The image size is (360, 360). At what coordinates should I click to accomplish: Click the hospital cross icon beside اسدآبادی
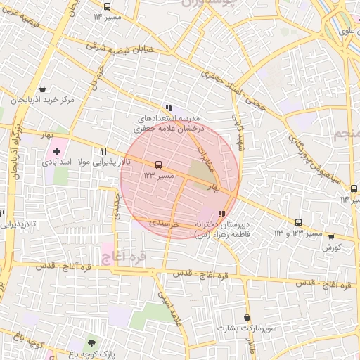tap(57, 151)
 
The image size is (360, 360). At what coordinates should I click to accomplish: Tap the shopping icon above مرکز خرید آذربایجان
tap(44, 89)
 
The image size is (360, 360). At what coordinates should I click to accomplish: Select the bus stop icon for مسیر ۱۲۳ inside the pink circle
tap(157, 164)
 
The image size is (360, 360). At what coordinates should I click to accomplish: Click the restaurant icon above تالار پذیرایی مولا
tap(104, 152)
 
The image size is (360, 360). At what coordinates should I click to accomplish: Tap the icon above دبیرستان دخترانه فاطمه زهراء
tap(222, 214)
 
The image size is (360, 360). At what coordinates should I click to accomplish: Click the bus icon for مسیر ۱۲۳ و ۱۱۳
tap(299, 222)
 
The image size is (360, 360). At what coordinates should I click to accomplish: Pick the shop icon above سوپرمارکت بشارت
tap(246, 318)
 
